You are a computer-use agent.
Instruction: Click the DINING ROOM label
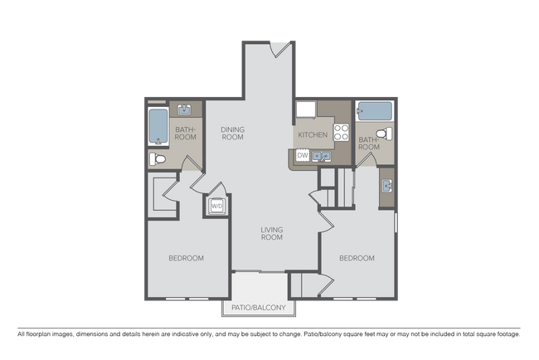[x=232, y=133]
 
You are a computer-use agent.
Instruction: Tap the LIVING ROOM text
[x=271, y=233]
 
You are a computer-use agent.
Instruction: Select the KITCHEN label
[x=313, y=134]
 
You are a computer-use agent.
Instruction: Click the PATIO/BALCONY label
[x=258, y=309]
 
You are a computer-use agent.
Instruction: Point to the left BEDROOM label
[x=186, y=258]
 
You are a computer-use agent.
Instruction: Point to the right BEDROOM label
[x=357, y=258]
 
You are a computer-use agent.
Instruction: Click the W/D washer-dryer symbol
[x=216, y=205]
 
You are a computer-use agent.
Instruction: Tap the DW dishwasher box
[x=303, y=155]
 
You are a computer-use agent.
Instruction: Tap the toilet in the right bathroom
[x=382, y=134]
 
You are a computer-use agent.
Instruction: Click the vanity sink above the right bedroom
[x=387, y=185]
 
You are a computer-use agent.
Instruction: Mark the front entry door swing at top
[x=281, y=48]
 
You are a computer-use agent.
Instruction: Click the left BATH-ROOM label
[x=184, y=134]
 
